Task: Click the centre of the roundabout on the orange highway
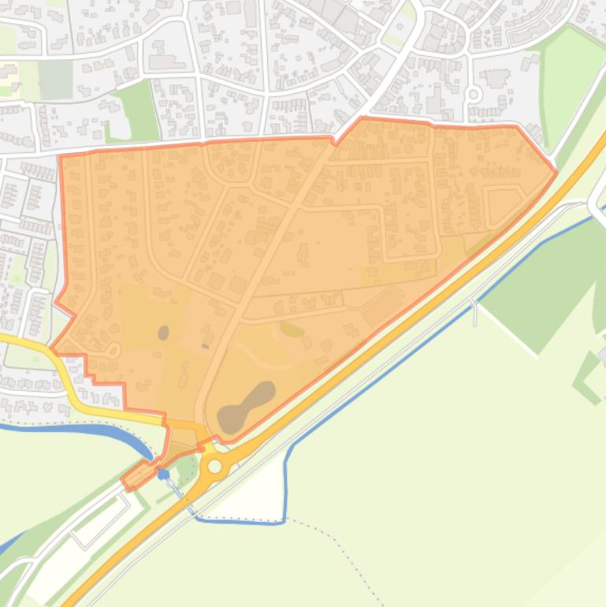click(x=214, y=467)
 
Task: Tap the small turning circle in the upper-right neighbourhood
click(x=474, y=94)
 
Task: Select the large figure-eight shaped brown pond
click(x=246, y=405)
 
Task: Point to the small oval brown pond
click(x=163, y=333)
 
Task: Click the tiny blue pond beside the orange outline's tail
click(x=163, y=474)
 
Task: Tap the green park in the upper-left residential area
click(x=134, y=110)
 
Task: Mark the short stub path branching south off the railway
click(x=475, y=312)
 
